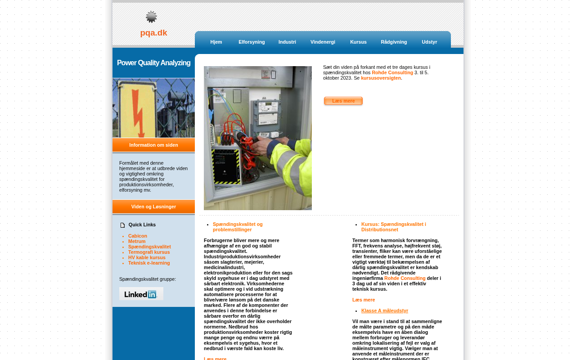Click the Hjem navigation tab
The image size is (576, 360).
(x=216, y=42)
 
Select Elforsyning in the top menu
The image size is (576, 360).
(x=252, y=42)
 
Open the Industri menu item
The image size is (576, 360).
(x=287, y=42)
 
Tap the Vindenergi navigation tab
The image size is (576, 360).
(x=323, y=42)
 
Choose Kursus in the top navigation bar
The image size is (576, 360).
(x=358, y=42)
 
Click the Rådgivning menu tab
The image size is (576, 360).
(x=394, y=42)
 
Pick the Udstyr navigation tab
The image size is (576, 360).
(x=429, y=42)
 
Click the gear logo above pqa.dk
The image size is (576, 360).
(x=151, y=17)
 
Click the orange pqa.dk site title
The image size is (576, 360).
(x=153, y=33)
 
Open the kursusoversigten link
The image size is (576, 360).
(x=381, y=78)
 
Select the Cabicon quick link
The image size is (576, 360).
(x=138, y=236)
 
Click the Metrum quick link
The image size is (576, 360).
(x=137, y=241)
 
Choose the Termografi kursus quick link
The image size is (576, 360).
(x=149, y=252)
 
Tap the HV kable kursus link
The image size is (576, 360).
(x=147, y=257)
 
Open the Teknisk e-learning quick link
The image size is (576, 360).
(x=149, y=263)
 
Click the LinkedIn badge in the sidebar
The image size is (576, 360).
(x=141, y=294)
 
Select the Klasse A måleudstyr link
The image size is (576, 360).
(x=385, y=310)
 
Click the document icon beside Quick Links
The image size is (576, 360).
(x=122, y=225)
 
